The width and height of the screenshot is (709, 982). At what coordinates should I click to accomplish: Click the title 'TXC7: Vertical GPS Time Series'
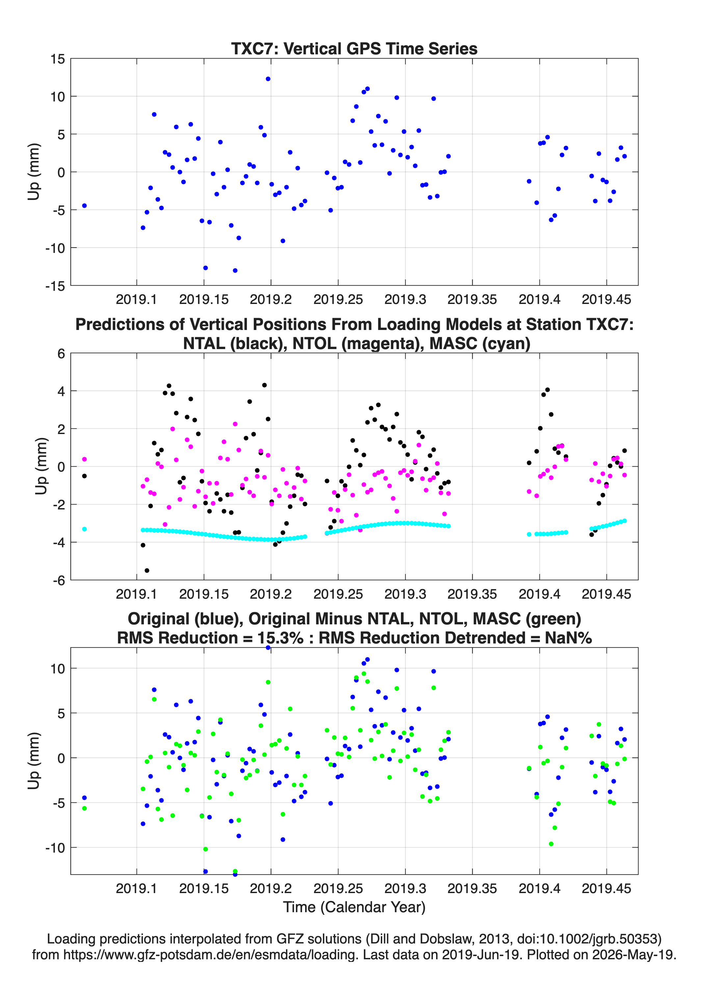coord(354,48)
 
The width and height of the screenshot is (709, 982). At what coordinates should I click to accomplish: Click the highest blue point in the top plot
coord(268,79)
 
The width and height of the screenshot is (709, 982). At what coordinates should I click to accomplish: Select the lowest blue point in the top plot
coord(235,271)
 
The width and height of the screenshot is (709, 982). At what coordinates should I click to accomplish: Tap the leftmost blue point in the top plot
coord(84,206)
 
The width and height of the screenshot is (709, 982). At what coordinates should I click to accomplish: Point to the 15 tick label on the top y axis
coord(58,59)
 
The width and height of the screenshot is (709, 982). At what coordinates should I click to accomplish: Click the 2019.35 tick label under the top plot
coord(472,299)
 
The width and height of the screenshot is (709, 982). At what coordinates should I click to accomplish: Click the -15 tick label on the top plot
coord(55,286)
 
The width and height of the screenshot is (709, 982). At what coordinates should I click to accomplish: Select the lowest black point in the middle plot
coord(147,571)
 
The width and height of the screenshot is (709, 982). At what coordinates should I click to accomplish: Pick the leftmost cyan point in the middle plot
coord(84,529)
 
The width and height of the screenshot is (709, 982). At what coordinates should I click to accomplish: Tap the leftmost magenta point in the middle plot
coord(84,459)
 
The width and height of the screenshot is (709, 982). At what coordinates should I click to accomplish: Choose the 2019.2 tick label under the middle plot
coord(271,594)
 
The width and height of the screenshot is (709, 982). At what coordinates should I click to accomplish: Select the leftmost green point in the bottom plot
coord(84,808)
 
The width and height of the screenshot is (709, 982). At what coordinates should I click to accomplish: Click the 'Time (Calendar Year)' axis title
coord(354,907)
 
